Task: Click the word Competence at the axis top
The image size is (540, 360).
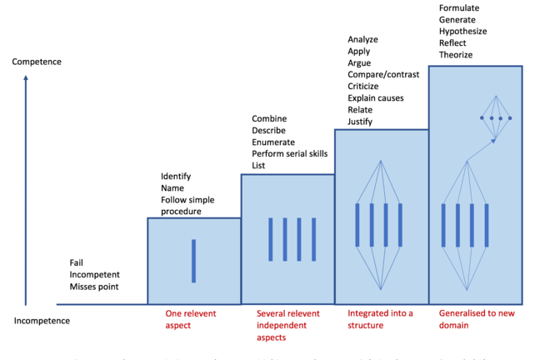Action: [x=37, y=62]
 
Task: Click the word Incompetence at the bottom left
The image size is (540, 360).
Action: [x=42, y=320]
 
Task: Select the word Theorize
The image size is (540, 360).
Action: [x=456, y=55]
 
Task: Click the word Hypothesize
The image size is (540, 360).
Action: [x=462, y=32]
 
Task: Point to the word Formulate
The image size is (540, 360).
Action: [x=459, y=8]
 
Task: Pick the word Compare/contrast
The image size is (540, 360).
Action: [x=383, y=75]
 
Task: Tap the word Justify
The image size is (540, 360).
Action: [x=360, y=122]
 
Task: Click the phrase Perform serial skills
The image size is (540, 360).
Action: [x=289, y=153]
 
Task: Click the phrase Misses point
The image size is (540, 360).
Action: [x=94, y=287]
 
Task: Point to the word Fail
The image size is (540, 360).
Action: [x=77, y=263]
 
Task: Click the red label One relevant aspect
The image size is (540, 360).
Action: [x=191, y=319]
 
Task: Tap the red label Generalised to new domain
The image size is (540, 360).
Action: [x=472, y=319]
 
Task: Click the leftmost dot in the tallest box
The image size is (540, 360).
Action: [x=482, y=118]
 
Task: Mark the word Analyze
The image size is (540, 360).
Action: [x=363, y=40]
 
